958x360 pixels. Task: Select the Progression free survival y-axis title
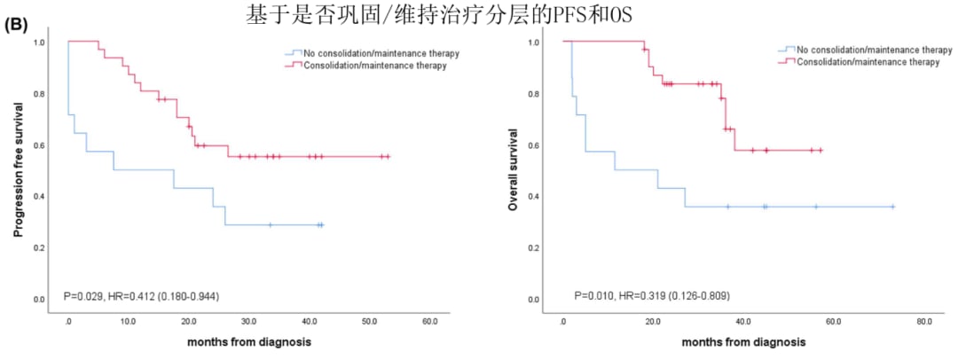(x=18, y=169)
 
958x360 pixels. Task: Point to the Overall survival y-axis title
(x=513, y=169)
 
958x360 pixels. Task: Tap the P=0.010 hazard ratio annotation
(x=652, y=294)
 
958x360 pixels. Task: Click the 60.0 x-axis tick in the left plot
(x=429, y=321)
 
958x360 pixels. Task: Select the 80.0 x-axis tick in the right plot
(x=923, y=321)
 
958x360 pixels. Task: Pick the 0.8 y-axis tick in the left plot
(x=39, y=94)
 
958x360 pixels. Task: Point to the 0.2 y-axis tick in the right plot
(x=534, y=248)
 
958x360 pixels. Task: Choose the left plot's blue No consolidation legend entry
(x=381, y=53)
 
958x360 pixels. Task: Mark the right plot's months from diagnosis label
(x=743, y=341)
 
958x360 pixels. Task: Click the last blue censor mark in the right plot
(x=892, y=207)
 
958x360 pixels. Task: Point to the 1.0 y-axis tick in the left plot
(x=39, y=43)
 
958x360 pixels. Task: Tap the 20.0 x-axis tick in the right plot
(x=653, y=321)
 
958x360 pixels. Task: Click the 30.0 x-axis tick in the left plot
(x=249, y=321)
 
